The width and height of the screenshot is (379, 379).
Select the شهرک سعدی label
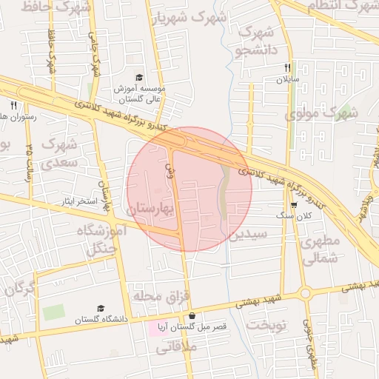[60, 152]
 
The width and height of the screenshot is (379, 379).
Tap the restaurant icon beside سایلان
[286, 67]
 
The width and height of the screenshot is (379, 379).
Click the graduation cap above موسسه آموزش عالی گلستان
[139, 78]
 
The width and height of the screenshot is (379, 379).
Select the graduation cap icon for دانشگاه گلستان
[101, 309]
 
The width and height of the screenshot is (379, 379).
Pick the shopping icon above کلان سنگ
[294, 205]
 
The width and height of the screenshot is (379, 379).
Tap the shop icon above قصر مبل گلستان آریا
[192, 316]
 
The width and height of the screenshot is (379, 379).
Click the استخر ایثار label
[81, 201]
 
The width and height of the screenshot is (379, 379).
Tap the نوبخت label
[266, 326]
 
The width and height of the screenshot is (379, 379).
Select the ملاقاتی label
[199, 346]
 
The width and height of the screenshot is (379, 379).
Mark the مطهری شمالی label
[320, 250]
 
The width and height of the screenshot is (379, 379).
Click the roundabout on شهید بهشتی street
[305, 294]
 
